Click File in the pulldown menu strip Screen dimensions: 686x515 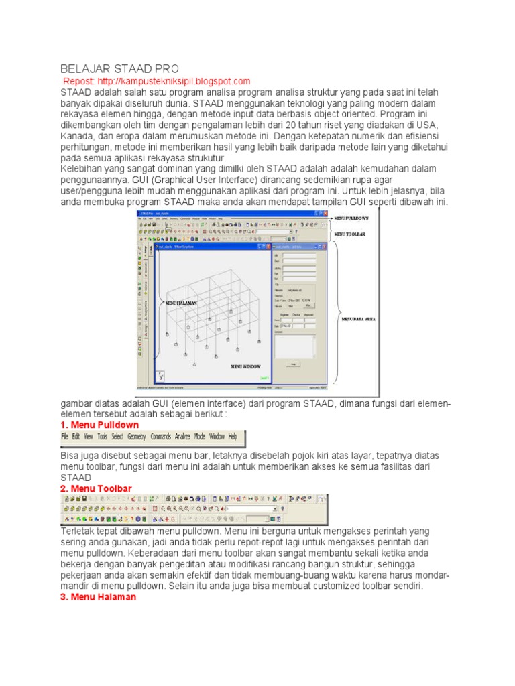point(65,437)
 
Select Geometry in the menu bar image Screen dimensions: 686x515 point(137,437)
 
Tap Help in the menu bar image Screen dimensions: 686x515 point(233,437)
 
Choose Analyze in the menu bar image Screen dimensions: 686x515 point(183,437)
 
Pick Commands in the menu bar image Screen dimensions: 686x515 point(161,437)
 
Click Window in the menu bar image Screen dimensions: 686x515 point(217,437)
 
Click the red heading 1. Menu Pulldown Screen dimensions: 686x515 point(99,425)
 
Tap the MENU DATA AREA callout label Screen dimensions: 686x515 point(359,319)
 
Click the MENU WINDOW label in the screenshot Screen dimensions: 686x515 point(245,367)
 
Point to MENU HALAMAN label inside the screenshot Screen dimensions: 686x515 point(176,303)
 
